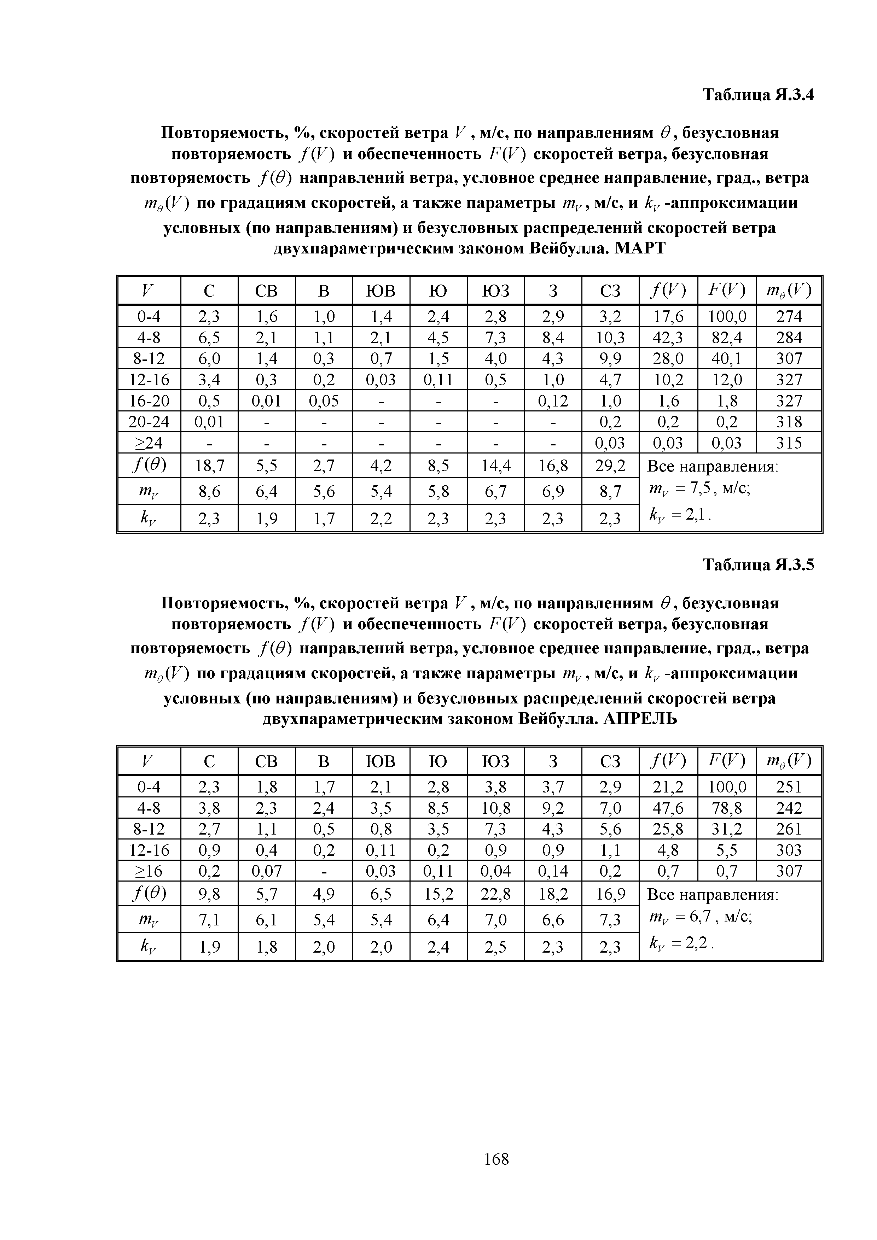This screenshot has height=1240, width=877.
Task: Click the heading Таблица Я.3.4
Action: pos(757,95)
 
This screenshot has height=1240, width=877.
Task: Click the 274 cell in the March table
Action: pos(789,316)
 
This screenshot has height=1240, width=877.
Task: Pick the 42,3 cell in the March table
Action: pos(668,338)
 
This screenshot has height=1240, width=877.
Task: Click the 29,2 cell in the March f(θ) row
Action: pos(610,465)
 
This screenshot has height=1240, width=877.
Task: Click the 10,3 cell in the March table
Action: pos(610,338)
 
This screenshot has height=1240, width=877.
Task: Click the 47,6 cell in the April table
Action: pos(668,808)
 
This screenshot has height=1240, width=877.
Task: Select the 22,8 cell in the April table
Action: pos(495,895)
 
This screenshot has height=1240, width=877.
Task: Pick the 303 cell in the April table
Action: pos(789,850)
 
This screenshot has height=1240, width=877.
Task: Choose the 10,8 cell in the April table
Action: pos(495,808)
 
